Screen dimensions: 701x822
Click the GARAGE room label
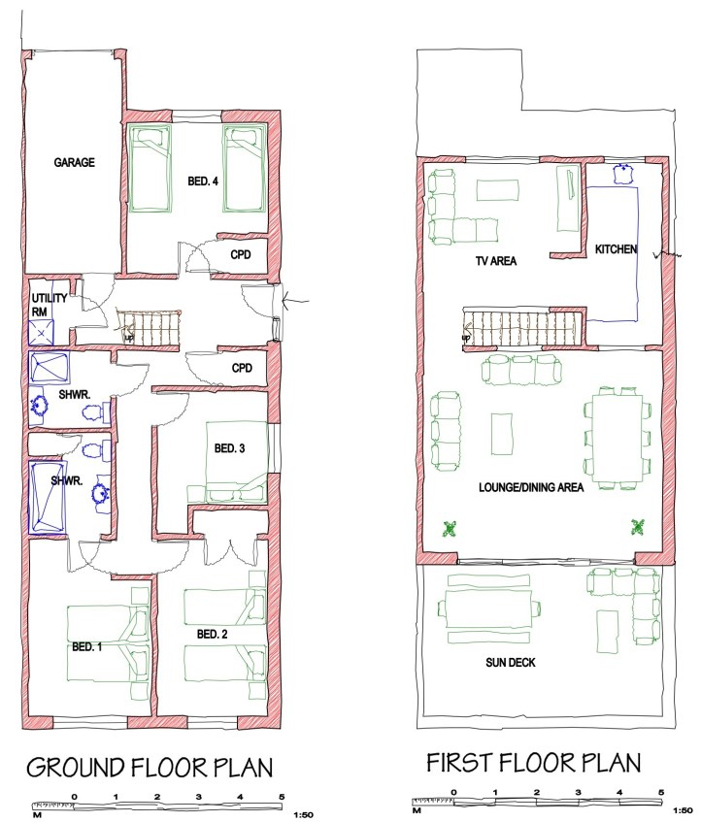click(x=75, y=162)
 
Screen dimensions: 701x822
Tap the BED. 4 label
click(x=203, y=181)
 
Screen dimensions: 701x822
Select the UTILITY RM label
click(x=50, y=305)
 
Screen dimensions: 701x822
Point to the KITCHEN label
click(x=617, y=249)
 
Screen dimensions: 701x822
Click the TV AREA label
click(x=496, y=260)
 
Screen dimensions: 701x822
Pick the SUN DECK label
click(x=511, y=663)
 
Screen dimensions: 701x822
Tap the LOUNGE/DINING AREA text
click(x=531, y=487)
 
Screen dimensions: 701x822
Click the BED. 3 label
click(x=230, y=448)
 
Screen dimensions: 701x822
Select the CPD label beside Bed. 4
click(x=241, y=255)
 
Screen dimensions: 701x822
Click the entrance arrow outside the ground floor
click(x=296, y=301)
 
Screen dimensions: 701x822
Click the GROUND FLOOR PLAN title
click(x=150, y=768)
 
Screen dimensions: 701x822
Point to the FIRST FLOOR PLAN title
click(x=534, y=763)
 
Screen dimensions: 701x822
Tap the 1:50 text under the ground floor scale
click(x=303, y=815)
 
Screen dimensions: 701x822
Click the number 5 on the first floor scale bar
click(x=661, y=793)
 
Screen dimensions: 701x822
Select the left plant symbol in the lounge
click(x=450, y=529)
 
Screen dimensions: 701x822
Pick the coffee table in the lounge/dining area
click(x=502, y=434)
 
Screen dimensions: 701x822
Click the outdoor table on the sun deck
click(x=488, y=609)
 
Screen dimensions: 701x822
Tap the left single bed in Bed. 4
click(x=150, y=168)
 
